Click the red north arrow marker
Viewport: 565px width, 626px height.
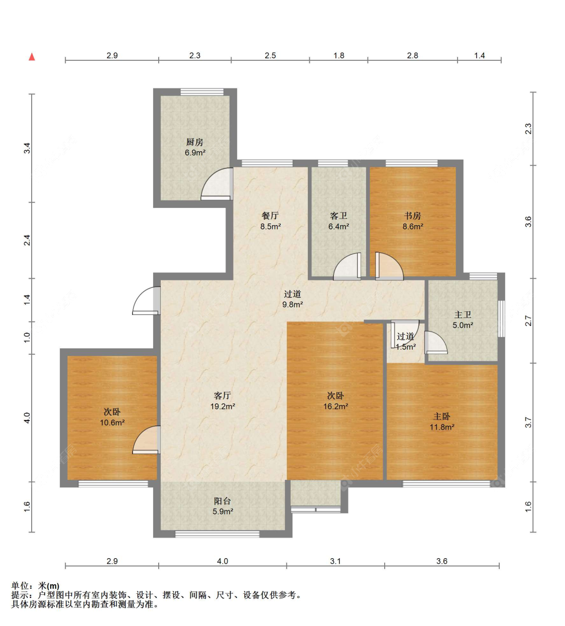(x=32, y=57)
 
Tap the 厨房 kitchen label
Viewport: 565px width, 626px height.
(x=195, y=142)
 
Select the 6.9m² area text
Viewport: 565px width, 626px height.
(x=195, y=153)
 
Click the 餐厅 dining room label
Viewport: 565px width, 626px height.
(x=270, y=216)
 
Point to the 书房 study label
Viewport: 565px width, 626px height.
(x=412, y=216)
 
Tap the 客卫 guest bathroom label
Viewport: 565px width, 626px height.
(x=338, y=216)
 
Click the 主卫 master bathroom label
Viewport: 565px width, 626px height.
(x=463, y=315)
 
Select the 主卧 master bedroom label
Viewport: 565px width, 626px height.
(x=442, y=416)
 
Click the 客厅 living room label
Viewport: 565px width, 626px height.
(x=222, y=396)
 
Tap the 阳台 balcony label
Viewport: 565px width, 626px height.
(x=222, y=501)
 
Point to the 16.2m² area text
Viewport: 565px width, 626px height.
(x=335, y=406)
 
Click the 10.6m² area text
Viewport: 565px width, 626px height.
(x=112, y=423)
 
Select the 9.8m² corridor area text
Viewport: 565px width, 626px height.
(x=293, y=304)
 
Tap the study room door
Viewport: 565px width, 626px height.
(x=389, y=266)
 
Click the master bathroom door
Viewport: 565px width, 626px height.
(x=436, y=342)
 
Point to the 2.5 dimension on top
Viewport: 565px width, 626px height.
(x=270, y=56)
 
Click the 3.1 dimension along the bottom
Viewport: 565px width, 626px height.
(x=335, y=561)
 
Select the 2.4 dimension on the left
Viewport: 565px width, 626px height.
(x=28, y=240)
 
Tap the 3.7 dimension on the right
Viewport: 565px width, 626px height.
(x=528, y=423)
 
